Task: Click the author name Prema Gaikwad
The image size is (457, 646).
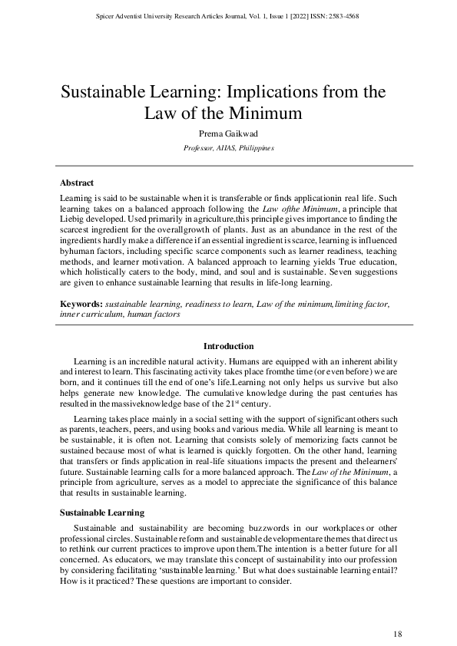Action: click(x=229, y=134)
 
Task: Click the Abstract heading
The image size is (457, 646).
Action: click(x=77, y=183)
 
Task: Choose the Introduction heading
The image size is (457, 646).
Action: click(x=228, y=346)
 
